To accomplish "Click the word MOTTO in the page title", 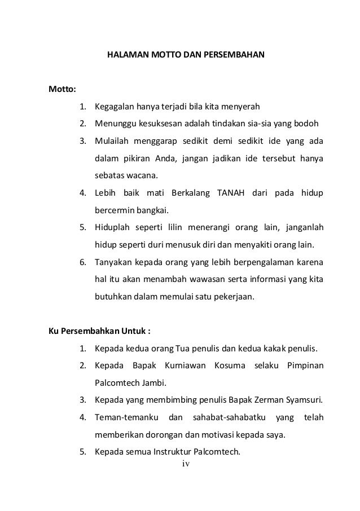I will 160,56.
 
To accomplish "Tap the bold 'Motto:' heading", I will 64,89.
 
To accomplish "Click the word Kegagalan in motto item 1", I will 113,107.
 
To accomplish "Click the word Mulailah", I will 112,140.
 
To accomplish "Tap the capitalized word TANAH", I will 231,194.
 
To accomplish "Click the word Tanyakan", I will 113,262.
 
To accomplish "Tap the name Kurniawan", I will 185,366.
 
